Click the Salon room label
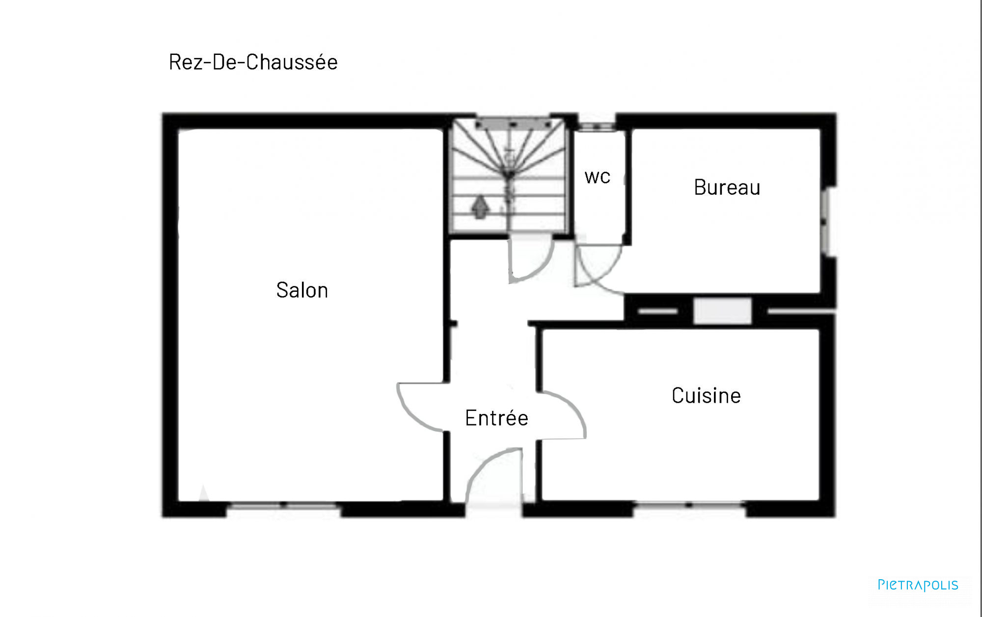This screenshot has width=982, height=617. point(302,290)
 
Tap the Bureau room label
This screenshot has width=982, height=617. point(727,187)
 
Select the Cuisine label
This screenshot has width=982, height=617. point(706,395)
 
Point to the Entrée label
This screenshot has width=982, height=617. point(496,418)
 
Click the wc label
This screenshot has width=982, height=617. point(598,177)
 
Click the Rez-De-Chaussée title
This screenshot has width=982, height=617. point(253,62)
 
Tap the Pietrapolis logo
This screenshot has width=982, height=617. point(918,585)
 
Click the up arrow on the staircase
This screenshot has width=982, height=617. point(480,206)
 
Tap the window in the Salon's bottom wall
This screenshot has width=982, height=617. point(283,505)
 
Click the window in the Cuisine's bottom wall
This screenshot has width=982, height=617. point(689,505)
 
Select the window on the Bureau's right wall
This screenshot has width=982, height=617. point(827,221)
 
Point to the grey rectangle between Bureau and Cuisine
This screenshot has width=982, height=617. point(722,311)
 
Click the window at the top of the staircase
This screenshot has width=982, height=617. point(513,124)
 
